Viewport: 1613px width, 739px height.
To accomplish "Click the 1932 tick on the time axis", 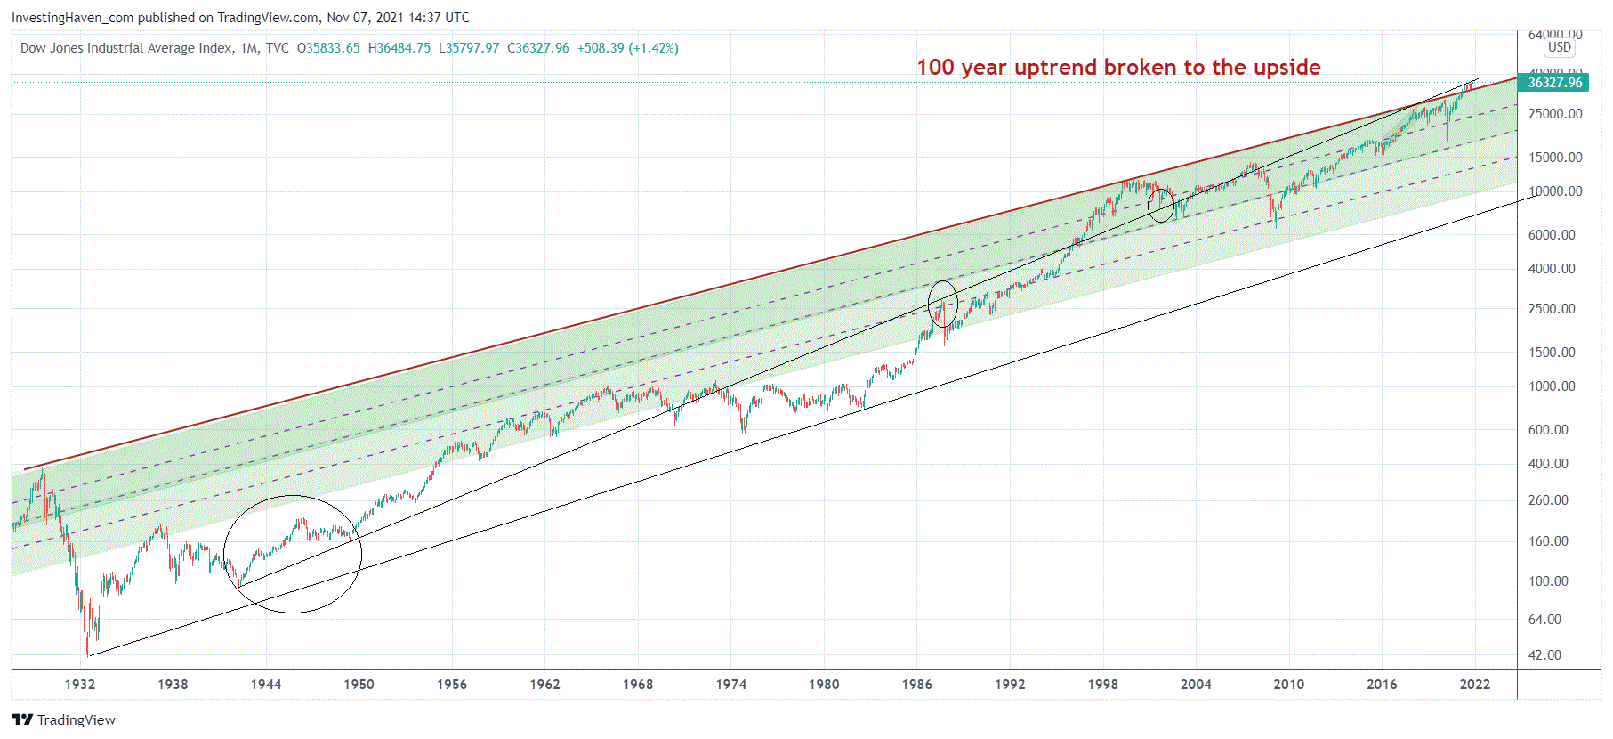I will (x=80, y=685).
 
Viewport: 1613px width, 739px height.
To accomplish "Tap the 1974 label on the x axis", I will (x=731, y=685).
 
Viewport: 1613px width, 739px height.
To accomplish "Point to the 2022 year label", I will (x=1475, y=685).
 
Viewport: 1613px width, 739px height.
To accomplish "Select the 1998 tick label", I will (x=1103, y=685).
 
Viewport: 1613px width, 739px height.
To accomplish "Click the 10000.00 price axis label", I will (x=1555, y=191).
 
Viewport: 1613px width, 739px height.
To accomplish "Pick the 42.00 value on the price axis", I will (x=1544, y=655).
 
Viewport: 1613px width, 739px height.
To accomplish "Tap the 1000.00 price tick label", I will (x=1552, y=386).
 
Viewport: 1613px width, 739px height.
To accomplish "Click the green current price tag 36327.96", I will (x=1555, y=83).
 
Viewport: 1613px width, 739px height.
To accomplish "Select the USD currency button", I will (x=1560, y=47).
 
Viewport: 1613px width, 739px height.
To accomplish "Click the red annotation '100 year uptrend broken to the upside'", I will (x=1118, y=68).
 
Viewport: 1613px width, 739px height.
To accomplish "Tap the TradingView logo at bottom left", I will (x=64, y=719).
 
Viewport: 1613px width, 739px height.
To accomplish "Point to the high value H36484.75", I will (x=399, y=48).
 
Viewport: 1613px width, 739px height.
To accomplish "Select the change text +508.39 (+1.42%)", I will (x=627, y=48).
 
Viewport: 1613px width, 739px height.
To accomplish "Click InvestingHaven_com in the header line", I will (x=72, y=18).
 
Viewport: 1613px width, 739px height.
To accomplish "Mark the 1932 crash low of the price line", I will (x=87, y=654).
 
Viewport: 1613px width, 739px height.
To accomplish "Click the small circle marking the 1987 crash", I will (x=943, y=305).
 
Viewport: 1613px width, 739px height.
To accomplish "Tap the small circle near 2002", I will (x=1161, y=206).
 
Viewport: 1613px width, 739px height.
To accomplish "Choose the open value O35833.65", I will (x=328, y=48).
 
